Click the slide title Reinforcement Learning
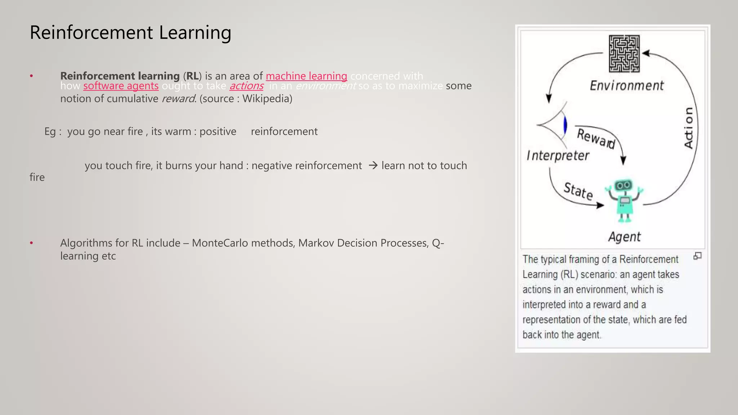(130, 32)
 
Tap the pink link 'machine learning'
(306, 76)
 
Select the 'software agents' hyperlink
(121, 86)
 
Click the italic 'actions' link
(246, 86)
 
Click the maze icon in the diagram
(624, 54)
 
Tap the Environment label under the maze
(627, 85)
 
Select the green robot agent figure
(624, 200)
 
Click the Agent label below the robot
(624, 237)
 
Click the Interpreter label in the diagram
(558, 156)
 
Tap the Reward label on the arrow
(596, 138)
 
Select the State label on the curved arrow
(578, 191)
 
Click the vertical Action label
(689, 128)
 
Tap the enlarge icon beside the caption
(698, 256)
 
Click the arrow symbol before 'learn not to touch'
(373, 165)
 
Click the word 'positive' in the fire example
(218, 131)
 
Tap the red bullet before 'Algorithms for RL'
(32, 243)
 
